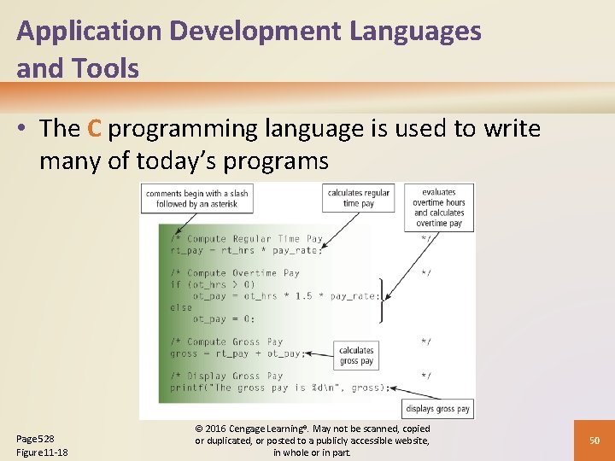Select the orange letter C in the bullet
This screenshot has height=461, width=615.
click(x=94, y=129)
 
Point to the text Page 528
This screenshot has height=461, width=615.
click(x=36, y=438)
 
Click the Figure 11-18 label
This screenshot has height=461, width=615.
click(x=42, y=452)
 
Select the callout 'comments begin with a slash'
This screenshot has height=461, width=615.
click(x=196, y=199)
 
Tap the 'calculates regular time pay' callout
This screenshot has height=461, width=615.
click(x=358, y=198)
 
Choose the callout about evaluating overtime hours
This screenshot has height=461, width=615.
click(x=439, y=207)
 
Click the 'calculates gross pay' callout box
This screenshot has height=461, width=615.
click(x=356, y=355)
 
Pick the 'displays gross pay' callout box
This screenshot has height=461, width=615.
click(x=438, y=409)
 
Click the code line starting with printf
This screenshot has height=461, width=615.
click(x=279, y=387)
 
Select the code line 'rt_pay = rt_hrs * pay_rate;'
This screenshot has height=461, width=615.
click(x=246, y=250)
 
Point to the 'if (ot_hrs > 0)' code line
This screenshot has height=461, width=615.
click(x=212, y=284)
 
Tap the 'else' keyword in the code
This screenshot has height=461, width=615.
click(x=181, y=307)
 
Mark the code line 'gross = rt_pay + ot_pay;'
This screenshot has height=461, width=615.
click(x=237, y=353)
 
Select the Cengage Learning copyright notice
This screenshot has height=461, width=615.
click(x=313, y=440)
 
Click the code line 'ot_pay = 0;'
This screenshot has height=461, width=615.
click(x=223, y=318)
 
